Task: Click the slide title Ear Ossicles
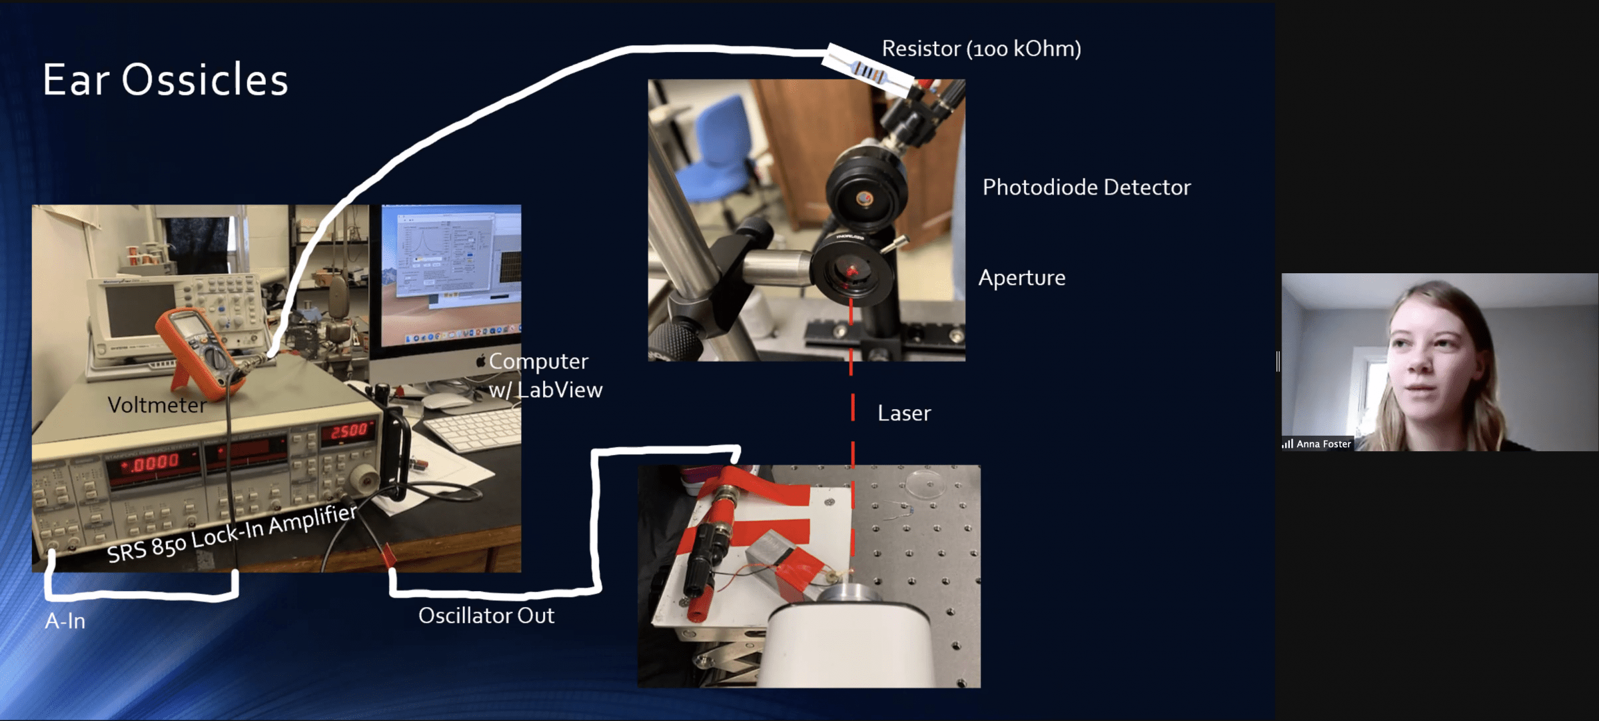(x=165, y=80)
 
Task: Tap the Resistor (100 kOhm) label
(x=981, y=49)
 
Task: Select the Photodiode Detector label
(x=1087, y=187)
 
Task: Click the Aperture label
(x=1022, y=278)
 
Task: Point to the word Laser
(x=904, y=413)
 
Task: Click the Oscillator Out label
(x=486, y=616)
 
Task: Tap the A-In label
(x=65, y=621)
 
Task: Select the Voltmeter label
(x=157, y=405)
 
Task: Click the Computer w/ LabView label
(x=546, y=375)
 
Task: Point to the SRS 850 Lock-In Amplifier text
(x=232, y=533)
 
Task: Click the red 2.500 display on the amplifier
(x=348, y=431)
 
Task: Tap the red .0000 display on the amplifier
(x=154, y=462)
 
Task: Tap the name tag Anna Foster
(x=1323, y=444)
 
